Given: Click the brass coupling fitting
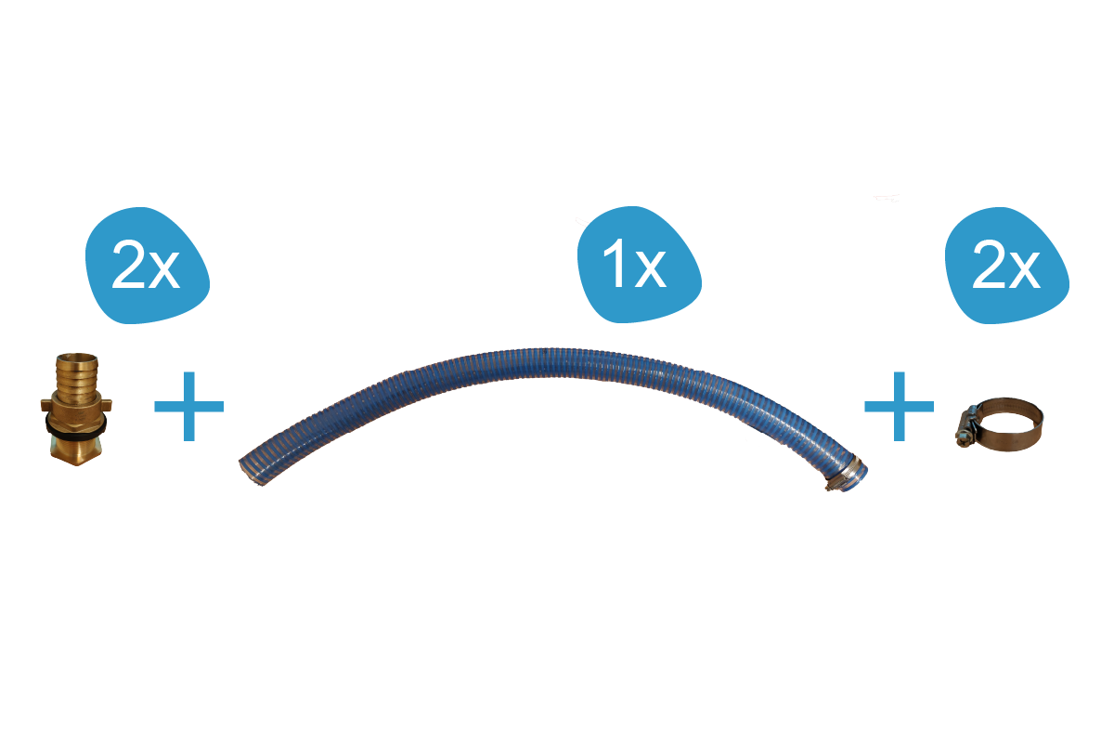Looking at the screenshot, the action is click(x=76, y=409).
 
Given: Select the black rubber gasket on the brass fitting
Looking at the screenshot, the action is click(x=76, y=424).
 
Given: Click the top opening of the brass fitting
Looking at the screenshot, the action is click(x=77, y=357).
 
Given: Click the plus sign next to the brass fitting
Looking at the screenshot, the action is click(x=189, y=406).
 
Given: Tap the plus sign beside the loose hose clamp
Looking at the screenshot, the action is click(x=900, y=406).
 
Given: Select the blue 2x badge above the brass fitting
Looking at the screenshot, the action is click(x=147, y=266).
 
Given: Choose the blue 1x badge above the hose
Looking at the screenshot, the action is click(x=639, y=265).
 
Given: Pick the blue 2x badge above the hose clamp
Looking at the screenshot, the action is click(x=1006, y=266).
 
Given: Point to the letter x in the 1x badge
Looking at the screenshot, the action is click(x=651, y=269).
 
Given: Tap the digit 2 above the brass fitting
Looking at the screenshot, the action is click(x=128, y=264).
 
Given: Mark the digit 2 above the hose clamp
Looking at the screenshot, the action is click(x=988, y=264).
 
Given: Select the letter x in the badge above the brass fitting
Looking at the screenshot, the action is click(x=164, y=270).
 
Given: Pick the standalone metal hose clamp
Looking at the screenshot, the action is click(x=1000, y=424).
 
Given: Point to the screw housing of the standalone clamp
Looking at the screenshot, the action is click(x=966, y=429).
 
